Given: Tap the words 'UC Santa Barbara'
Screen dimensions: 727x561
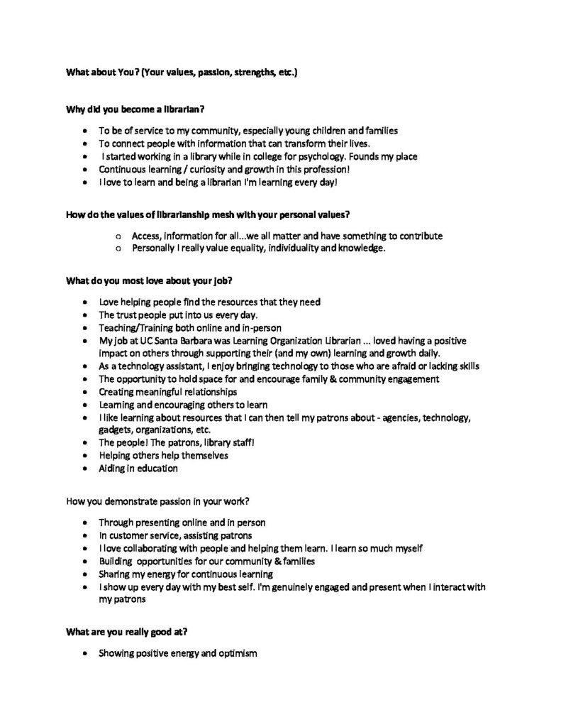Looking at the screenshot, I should pos(163,340).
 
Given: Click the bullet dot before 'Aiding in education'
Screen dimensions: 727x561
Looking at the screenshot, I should pos(86,469).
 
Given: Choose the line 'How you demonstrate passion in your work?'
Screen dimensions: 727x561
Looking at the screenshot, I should pos(156,502).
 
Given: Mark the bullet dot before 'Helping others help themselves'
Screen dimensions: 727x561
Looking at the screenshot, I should pos(86,456).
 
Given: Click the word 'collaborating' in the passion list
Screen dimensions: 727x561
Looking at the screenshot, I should pos(149,548).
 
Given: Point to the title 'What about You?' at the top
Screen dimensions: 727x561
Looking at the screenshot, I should pos(103,72).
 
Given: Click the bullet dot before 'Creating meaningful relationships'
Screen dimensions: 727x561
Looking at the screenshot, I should pos(86,392).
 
